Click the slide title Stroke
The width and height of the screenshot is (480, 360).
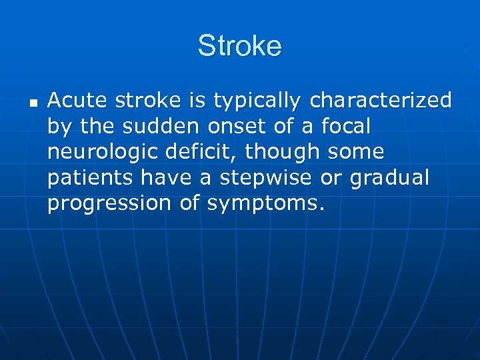pos(240,47)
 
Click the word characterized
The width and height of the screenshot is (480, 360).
pos(381,101)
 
